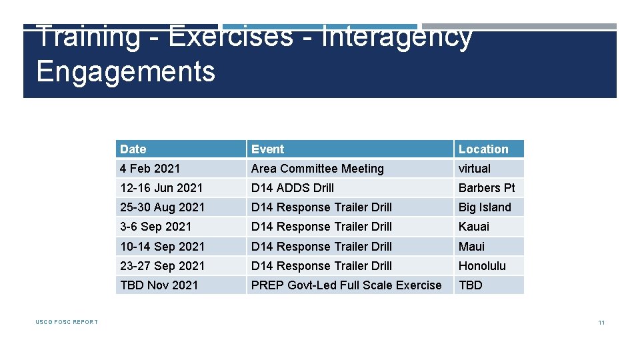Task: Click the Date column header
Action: point(133,149)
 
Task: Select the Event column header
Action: point(267,149)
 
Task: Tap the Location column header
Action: point(483,149)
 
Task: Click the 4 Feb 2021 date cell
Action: point(150,169)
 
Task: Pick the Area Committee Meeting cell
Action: point(317,169)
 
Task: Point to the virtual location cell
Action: point(474,169)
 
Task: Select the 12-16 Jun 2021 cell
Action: point(161,188)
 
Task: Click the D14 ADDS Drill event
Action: point(293,188)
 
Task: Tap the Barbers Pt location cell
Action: point(487,188)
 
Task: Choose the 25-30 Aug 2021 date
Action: point(163,207)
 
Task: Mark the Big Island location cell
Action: point(485,207)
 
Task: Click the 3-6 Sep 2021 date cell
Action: point(156,227)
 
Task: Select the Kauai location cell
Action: point(474,227)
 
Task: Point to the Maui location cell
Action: point(472,247)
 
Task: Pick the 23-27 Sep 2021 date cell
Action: point(163,266)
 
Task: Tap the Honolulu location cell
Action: point(482,266)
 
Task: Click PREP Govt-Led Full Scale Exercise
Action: point(346,285)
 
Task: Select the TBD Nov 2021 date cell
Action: point(159,285)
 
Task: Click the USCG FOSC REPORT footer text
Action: point(67,323)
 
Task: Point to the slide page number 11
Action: point(601,323)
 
